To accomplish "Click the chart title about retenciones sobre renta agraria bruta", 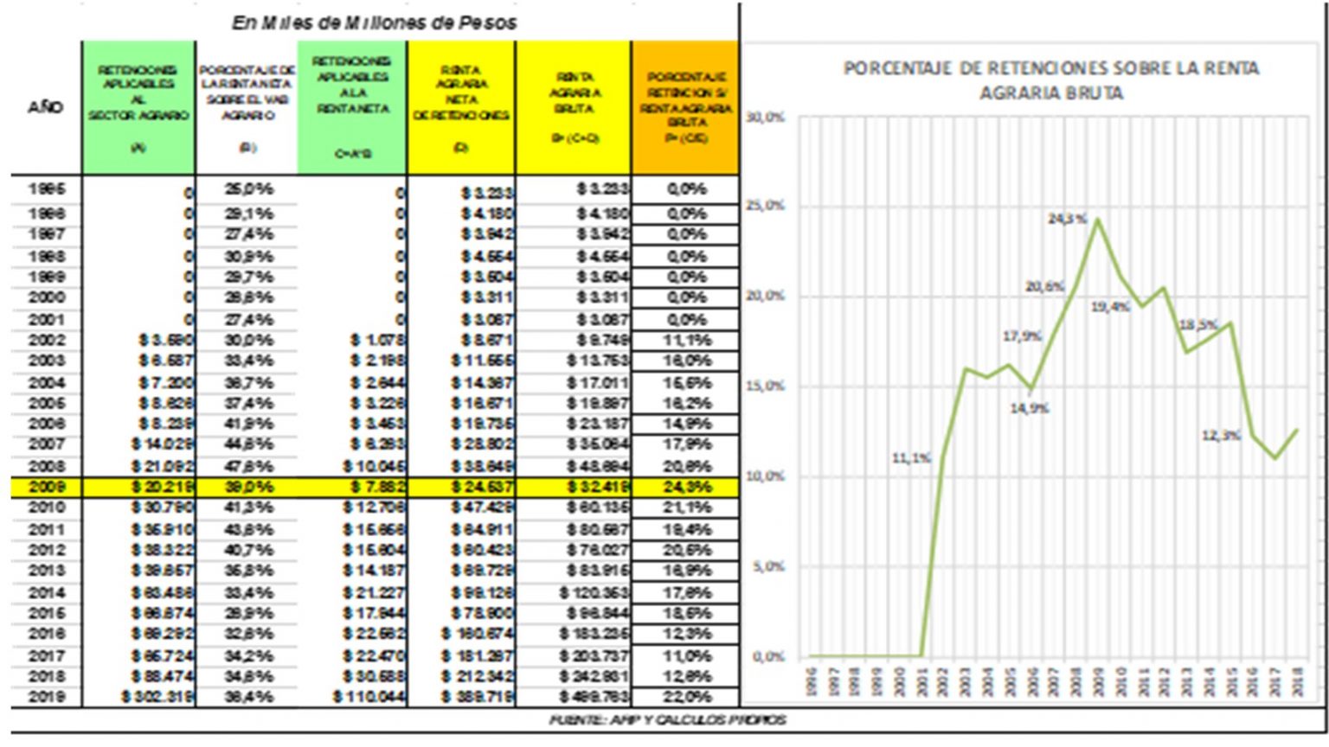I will coord(1050,80).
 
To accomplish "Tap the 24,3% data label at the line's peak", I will coord(1067,219).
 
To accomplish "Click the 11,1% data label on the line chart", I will coord(911,458).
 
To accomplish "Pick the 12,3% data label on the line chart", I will coord(1221,436).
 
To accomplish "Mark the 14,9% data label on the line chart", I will coord(1029,408).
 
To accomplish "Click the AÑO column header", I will coord(45,107).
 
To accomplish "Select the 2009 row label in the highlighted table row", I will coord(46,487).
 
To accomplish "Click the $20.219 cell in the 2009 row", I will coord(163,487).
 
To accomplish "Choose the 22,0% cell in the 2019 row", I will coord(687,697).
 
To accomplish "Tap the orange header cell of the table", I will coord(686,107).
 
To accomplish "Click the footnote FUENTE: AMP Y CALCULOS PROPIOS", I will coord(667,719).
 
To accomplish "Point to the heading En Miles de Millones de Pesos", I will coord(374,23).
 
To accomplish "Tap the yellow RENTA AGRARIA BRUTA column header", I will coord(574,107).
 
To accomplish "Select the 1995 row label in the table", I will coord(46,188).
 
